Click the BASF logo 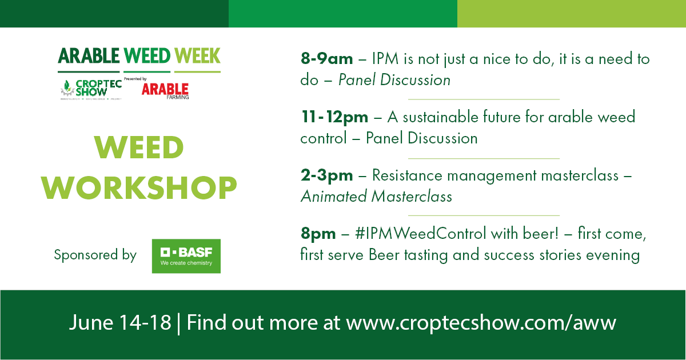coord(186,256)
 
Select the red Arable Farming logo coord(165,90)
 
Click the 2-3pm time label coord(326,175)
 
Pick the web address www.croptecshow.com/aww coord(481,323)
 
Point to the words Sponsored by coord(95,255)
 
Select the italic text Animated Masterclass coord(376,197)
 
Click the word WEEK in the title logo coord(197,56)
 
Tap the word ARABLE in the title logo coord(89,56)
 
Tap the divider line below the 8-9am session coord(484,99)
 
